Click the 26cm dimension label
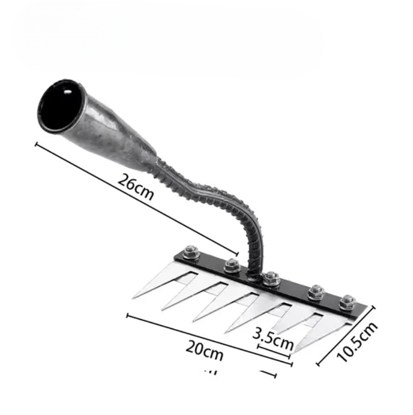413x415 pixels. (x=136, y=187)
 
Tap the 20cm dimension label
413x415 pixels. (x=204, y=350)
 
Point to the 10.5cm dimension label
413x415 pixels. (x=357, y=342)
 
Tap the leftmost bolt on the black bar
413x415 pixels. (x=191, y=252)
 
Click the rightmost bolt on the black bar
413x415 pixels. (x=347, y=302)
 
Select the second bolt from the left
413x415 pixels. (x=232, y=266)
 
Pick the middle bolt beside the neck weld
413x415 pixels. (x=271, y=278)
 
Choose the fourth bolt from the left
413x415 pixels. (x=316, y=292)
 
